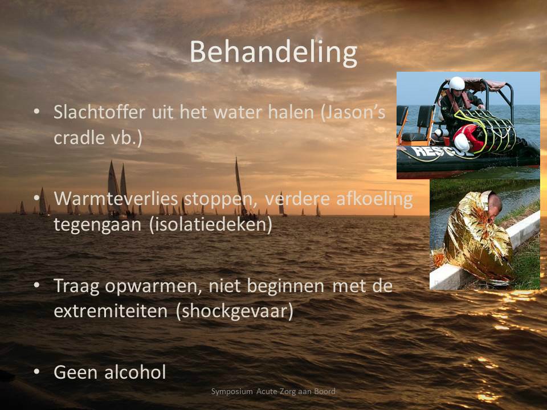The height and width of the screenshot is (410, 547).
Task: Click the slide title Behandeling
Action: (x=273, y=53)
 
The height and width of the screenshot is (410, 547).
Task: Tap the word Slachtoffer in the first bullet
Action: (x=99, y=112)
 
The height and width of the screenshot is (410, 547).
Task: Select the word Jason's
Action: (x=353, y=113)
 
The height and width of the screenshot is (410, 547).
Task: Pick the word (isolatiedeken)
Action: (x=211, y=225)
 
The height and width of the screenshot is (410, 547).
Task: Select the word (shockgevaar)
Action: (x=235, y=311)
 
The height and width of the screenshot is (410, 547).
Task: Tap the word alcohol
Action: (x=135, y=372)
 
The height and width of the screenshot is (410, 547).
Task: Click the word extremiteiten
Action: (x=111, y=311)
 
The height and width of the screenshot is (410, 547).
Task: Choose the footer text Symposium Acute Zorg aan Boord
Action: (x=273, y=392)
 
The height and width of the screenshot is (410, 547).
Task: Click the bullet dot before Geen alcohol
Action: (x=36, y=372)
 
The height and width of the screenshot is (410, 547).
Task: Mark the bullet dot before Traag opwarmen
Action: (x=36, y=285)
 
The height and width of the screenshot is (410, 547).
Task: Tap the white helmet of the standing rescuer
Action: (x=456, y=84)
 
